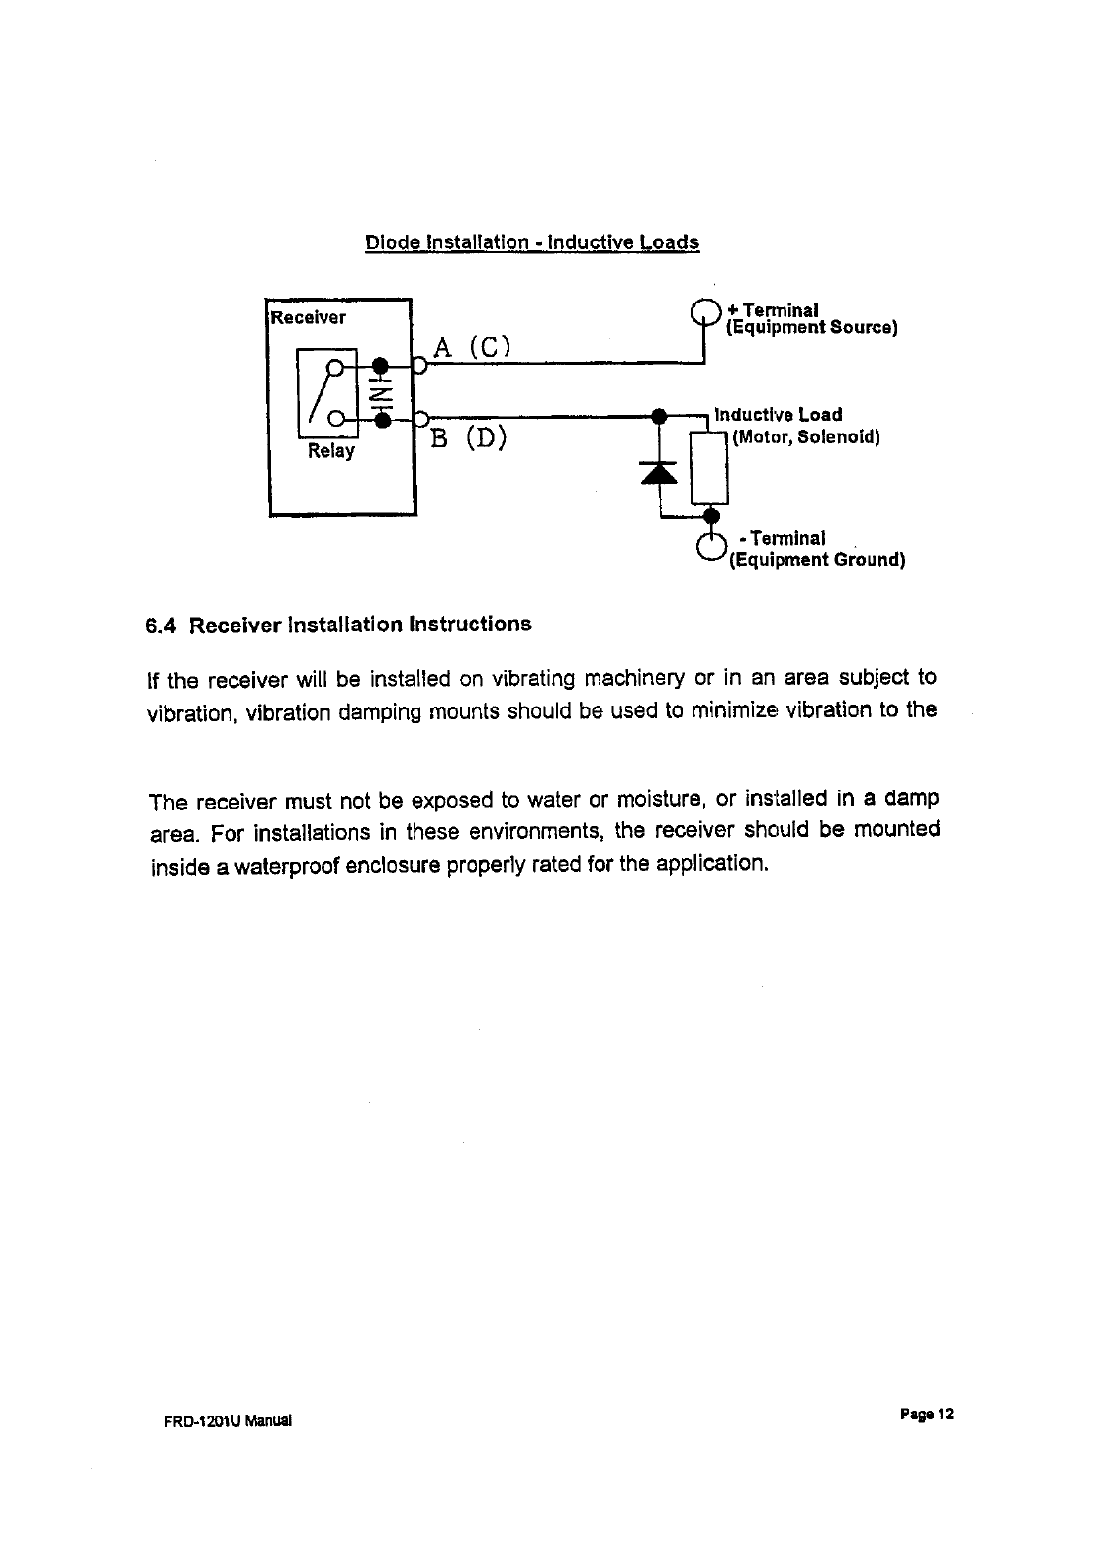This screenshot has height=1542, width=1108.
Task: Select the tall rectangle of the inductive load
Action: click(710, 463)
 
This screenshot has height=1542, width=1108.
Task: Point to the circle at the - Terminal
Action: click(710, 546)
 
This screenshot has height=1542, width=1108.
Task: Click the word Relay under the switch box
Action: click(330, 451)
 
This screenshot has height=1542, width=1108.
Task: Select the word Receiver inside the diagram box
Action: click(310, 318)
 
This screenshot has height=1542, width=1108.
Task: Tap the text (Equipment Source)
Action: click(811, 328)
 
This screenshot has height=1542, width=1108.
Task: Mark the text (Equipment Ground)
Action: click(817, 560)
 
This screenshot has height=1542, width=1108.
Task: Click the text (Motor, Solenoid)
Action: click(805, 436)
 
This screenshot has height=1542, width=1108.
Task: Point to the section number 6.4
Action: click(160, 626)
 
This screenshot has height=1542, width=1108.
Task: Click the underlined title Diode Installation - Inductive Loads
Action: click(532, 242)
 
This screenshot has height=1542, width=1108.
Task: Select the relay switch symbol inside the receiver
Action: click(325, 392)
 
